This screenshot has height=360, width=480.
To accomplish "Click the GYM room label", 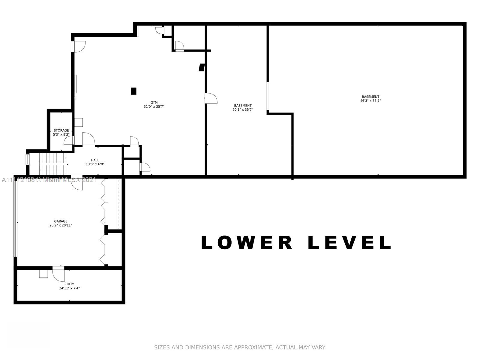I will point(154,103).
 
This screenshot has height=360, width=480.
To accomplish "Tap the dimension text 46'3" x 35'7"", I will point(370,101).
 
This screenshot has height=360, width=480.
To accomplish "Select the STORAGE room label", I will point(61,130).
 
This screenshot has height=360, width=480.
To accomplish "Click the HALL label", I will point(95,160).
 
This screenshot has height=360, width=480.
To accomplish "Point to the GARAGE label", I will point(61,221).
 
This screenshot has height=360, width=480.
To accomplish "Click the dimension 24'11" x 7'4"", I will point(69,288).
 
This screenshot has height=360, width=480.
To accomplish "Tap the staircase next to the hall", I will point(53,164).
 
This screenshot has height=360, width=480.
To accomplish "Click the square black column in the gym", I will point(133,91).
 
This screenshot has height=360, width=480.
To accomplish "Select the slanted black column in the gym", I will point(202,67).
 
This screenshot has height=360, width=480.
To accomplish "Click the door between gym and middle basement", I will point(211,98).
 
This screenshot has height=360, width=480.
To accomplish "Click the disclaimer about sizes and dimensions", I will point(240,347).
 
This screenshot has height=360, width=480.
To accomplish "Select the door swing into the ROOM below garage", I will point(58,274).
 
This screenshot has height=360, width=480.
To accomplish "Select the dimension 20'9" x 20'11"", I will point(61,225).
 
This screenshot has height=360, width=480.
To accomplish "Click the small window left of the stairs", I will point(27,159).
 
